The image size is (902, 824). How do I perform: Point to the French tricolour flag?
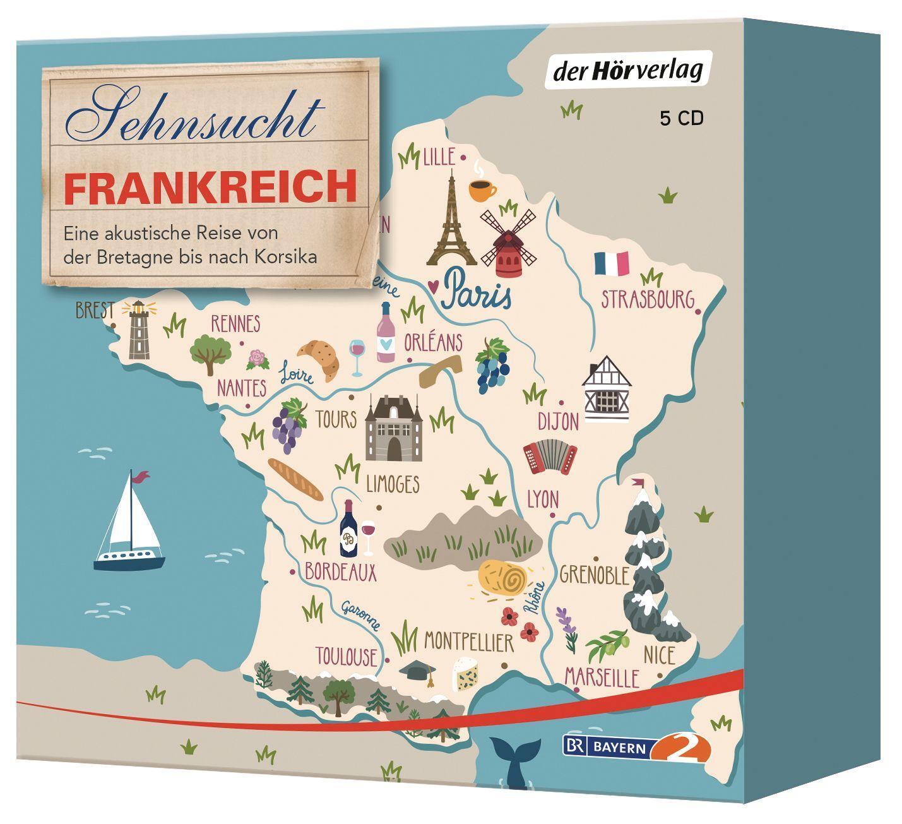(612, 263)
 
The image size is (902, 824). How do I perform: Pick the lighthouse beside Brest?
(138, 329)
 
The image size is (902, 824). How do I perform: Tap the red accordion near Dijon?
(549, 455)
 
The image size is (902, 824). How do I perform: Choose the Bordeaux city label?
(340, 572)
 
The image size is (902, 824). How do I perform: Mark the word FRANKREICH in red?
(210, 186)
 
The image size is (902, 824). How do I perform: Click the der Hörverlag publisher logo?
(628, 70)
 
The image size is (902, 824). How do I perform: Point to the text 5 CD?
(682, 119)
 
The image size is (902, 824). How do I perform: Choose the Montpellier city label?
(468, 643)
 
